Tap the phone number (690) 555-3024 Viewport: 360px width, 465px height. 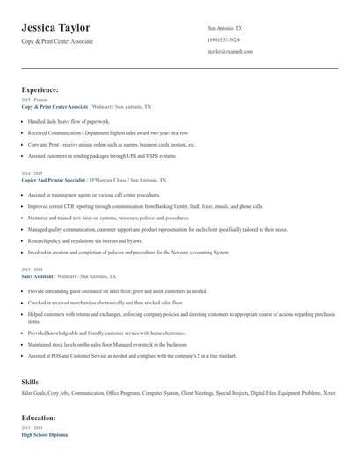(x=224, y=40)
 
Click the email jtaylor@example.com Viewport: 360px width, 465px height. (x=230, y=52)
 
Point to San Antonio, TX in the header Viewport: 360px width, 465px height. (x=225, y=28)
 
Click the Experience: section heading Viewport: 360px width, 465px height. (x=40, y=89)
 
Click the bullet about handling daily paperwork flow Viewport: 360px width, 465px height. (x=68, y=121)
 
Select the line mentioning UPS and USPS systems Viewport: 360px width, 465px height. (x=102, y=155)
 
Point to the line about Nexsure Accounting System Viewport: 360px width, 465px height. (x=128, y=252)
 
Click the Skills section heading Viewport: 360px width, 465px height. (x=30, y=383)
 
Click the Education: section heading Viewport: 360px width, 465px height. (x=40, y=418)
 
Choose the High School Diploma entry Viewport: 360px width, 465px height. (x=44, y=435)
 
